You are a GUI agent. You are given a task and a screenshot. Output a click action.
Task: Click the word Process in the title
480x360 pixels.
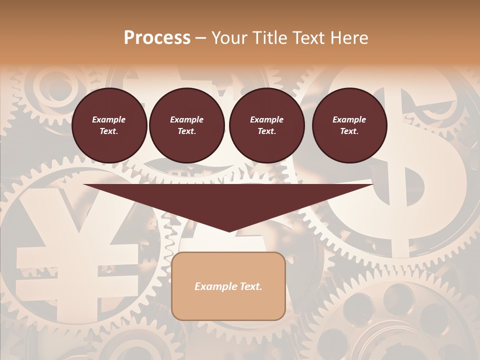tap(157, 38)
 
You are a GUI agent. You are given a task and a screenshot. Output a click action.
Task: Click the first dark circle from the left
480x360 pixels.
tap(109, 125)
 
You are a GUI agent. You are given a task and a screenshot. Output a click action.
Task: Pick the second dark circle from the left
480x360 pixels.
tap(187, 125)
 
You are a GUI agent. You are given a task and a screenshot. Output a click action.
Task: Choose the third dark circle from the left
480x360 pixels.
tap(266, 125)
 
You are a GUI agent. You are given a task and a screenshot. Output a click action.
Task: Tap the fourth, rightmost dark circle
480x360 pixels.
tap(349, 125)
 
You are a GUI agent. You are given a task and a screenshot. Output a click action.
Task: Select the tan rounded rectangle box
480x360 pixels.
tap(228, 286)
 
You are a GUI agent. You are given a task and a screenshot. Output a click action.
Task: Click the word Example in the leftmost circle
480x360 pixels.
tap(109, 119)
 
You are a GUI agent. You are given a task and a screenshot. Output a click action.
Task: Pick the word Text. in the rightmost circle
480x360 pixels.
tap(349, 131)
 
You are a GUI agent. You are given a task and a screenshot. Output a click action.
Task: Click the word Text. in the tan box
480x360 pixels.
tap(250, 286)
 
